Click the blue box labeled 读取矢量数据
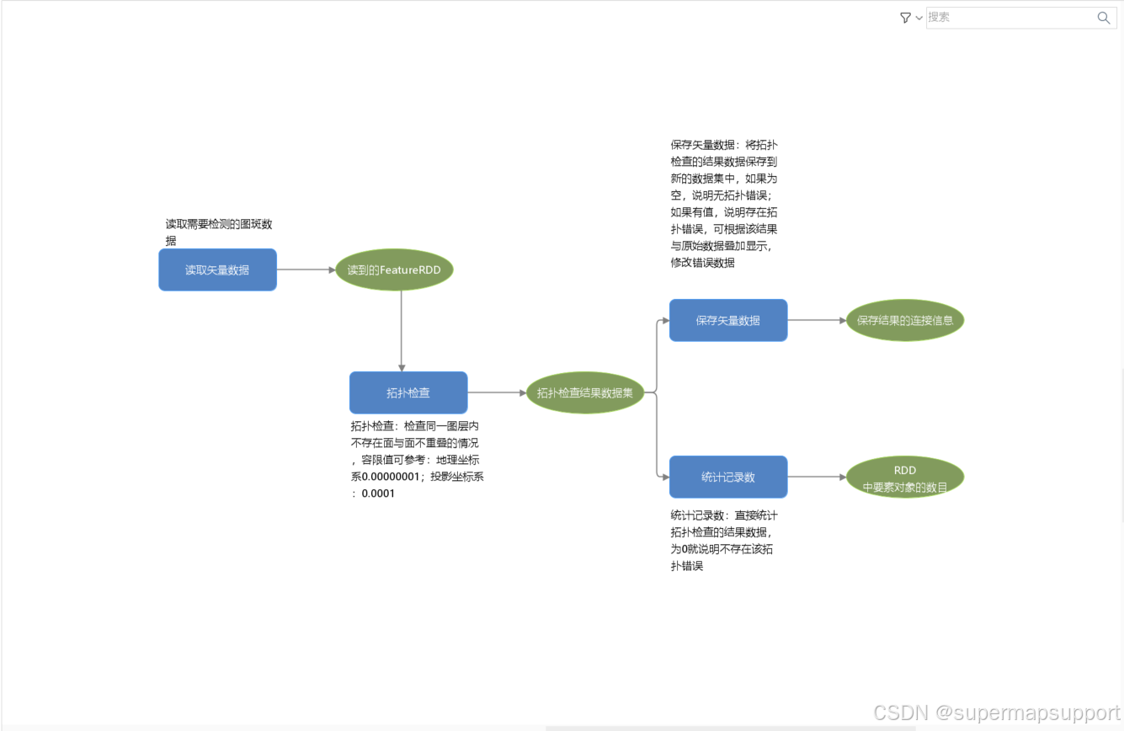coord(217,269)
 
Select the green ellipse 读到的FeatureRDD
coord(394,270)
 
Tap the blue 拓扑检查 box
coord(408,392)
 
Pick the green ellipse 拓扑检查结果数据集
coord(585,392)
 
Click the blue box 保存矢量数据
coord(728,320)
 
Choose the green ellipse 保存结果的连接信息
coord(905,320)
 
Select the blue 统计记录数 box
coord(728,477)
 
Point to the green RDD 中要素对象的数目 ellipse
coord(905,478)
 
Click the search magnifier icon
coord(1104,18)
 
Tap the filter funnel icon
coord(905,18)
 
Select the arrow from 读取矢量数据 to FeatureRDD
coord(306,270)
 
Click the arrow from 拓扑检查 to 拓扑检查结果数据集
coord(497,392)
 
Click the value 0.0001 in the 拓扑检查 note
coord(378,494)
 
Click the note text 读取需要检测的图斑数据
coord(219,225)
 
